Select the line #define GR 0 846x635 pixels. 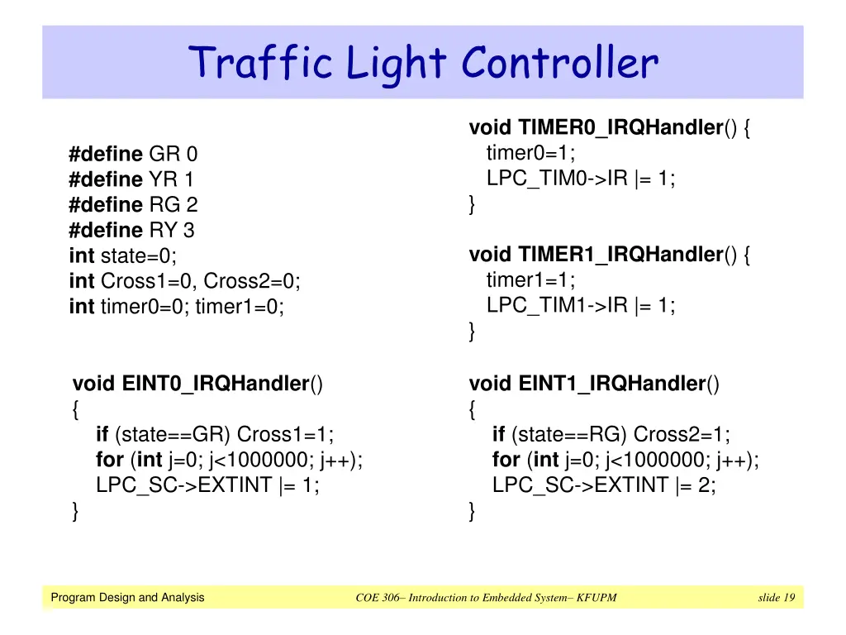pos(134,155)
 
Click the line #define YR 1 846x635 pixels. pos(132,179)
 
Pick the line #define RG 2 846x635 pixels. pos(134,205)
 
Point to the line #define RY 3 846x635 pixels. pos(132,230)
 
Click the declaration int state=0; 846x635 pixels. pos(123,255)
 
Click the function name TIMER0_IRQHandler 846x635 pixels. pos(620,128)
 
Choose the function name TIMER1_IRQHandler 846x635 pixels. pos(620,255)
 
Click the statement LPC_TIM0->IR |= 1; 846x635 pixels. pos(581,179)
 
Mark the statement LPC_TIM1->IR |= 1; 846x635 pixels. pos(581,305)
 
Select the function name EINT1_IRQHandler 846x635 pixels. pos(612,384)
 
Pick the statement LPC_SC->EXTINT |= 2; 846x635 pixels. pos(604,485)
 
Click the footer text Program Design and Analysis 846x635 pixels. pos(127,598)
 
